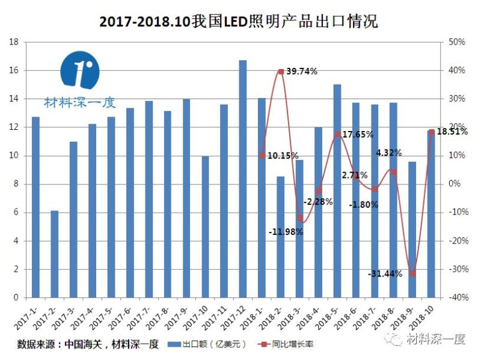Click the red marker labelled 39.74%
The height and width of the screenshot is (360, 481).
click(x=281, y=72)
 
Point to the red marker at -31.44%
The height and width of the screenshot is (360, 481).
click(x=412, y=273)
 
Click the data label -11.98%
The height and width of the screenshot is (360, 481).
click(x=286, y=231)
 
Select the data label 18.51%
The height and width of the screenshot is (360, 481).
click(x=452, y=132)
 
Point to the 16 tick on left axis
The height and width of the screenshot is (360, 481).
click(x=15, y=70)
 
